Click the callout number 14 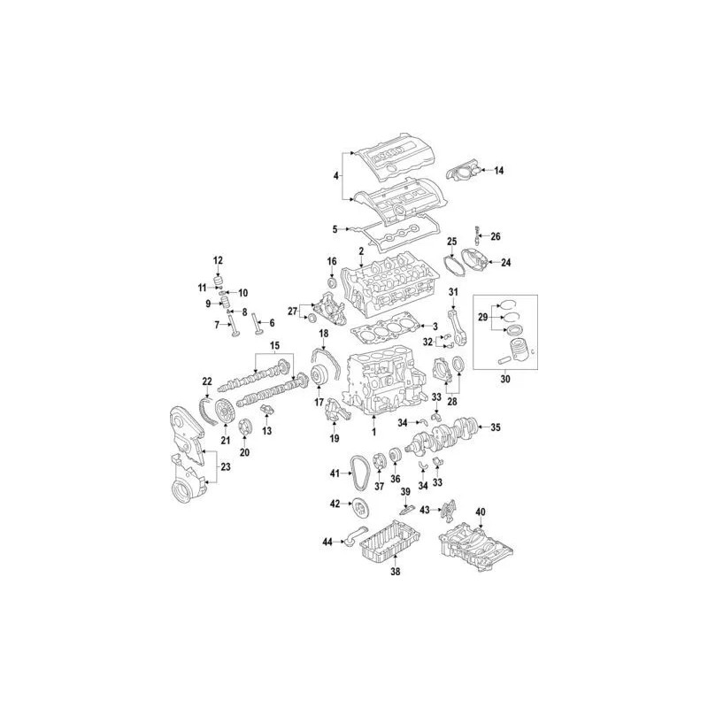[498, 171]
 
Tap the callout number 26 [496, 236]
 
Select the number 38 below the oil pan [395, 572]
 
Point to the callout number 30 [505, 380]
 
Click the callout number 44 [327, 541]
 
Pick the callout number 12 [218, 260]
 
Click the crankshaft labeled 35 [444, 433]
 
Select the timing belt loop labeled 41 [353, 474]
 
